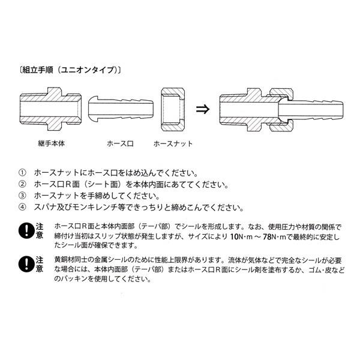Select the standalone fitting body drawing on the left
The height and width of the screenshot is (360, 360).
(x=49, y=110)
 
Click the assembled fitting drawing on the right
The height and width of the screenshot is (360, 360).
(x=283, y=110)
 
